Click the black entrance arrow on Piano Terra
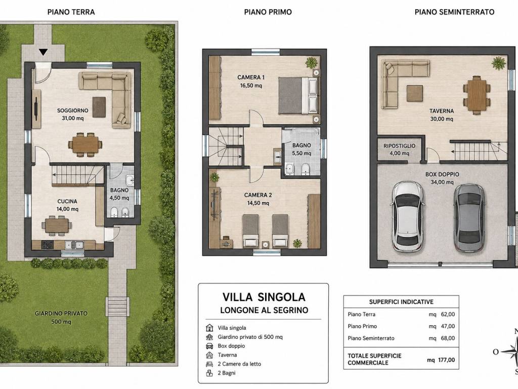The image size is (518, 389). click(44, 52)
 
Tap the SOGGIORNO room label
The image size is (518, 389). click(73, 110)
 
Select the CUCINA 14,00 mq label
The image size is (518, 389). click(67, 205)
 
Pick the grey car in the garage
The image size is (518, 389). click(469, 217)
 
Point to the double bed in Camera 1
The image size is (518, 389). click(298, 96)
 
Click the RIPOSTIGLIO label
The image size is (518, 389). click(400, 146)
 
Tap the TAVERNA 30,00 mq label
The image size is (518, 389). click(442, 115)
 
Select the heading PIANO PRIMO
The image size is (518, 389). click(268, 12)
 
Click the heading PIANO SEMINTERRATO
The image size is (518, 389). click(455, 12)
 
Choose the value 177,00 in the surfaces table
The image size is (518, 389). click(447, 360)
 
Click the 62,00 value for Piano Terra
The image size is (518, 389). click(448, 314)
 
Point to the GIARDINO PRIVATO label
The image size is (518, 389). click(61, 313)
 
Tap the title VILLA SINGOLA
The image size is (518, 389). click(264, 297)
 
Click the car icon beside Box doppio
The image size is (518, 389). click(209, 346)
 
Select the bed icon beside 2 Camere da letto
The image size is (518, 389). click(209, 364)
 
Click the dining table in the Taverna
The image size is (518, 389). click(477, 95)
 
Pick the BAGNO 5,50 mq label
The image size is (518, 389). click(301, 149)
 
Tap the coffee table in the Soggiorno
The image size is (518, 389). click(99, 107)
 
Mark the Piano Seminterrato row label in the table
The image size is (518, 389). click(371, 338)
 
